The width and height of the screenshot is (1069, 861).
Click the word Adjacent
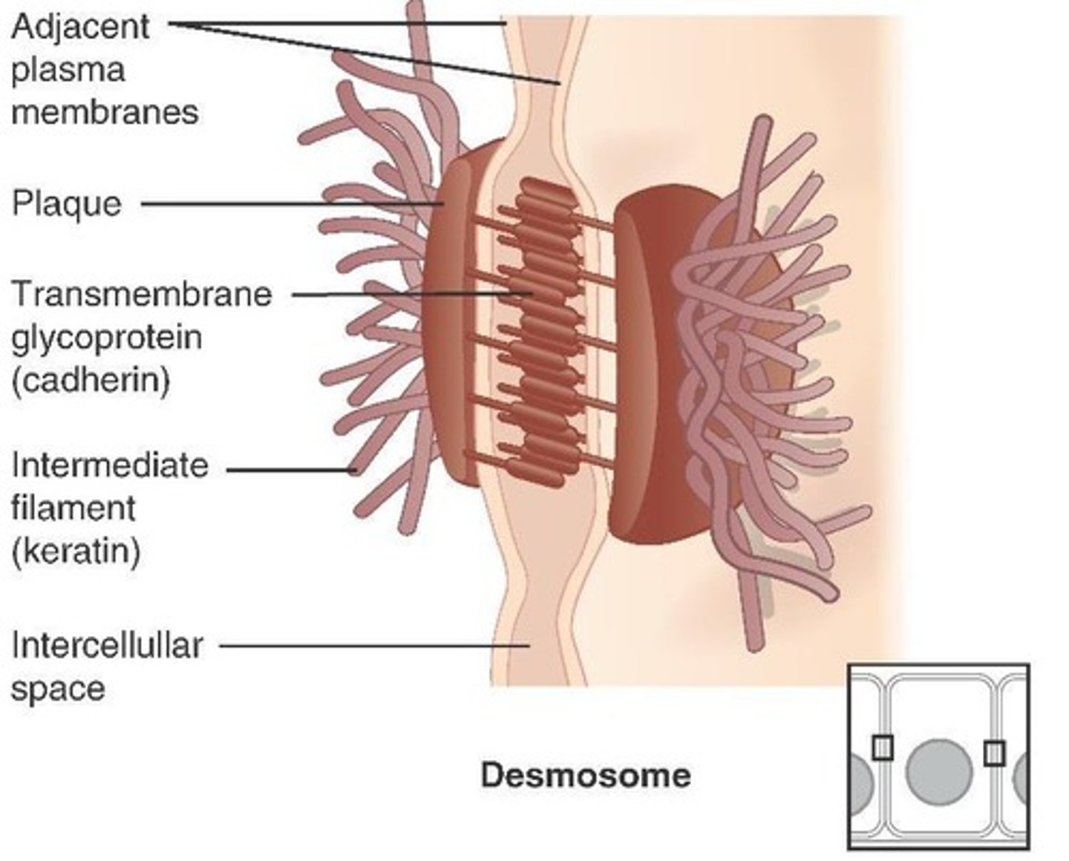coord(80,28)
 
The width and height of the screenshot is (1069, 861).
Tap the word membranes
coord(105,113)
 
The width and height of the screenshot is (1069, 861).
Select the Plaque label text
coord(67,203)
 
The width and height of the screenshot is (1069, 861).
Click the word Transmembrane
coord(142,294)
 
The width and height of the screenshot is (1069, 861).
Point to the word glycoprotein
coord(107,338)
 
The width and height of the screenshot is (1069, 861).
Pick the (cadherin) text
coord(91,380)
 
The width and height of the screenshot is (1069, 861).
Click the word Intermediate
coord(110,465)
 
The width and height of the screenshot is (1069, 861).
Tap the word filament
coord(73,508)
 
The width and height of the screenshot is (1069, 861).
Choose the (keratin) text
coord(76,551)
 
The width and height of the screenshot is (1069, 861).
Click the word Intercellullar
coord(107,645)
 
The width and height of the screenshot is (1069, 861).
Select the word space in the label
coord(58,688)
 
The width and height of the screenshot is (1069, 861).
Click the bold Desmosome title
coord(586,776)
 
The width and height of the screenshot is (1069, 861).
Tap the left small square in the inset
coord(882,747)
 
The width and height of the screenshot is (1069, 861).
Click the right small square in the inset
coord(995,753)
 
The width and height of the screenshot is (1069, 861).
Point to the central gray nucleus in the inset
coord(939,772)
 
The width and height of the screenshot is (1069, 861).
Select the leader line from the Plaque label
coord(290,203)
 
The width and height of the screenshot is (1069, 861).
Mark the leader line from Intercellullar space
coord(371,646)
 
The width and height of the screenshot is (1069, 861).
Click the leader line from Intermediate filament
coord(290,469)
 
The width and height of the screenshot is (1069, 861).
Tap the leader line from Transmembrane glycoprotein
coord(408,295)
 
